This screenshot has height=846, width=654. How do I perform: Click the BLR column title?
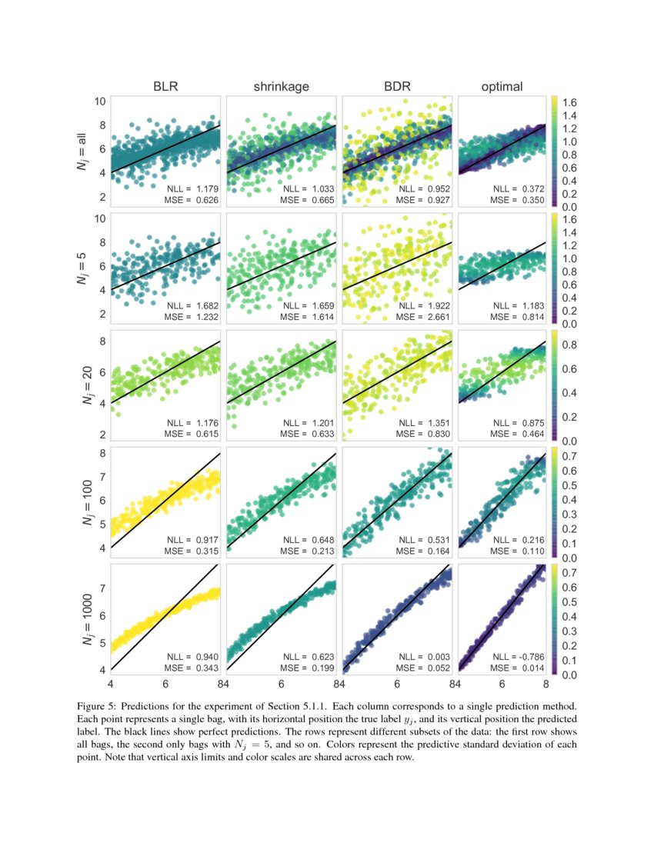click(165, 87)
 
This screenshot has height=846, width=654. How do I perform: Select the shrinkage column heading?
click(282, 87)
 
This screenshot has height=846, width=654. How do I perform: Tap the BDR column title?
click(397, 87)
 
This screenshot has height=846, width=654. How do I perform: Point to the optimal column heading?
click(502, 87)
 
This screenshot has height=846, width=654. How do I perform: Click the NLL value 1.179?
click(205, 188)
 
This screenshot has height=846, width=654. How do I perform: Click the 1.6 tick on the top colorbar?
click(570, 102)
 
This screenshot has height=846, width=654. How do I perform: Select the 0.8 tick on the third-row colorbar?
click(570, 345)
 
